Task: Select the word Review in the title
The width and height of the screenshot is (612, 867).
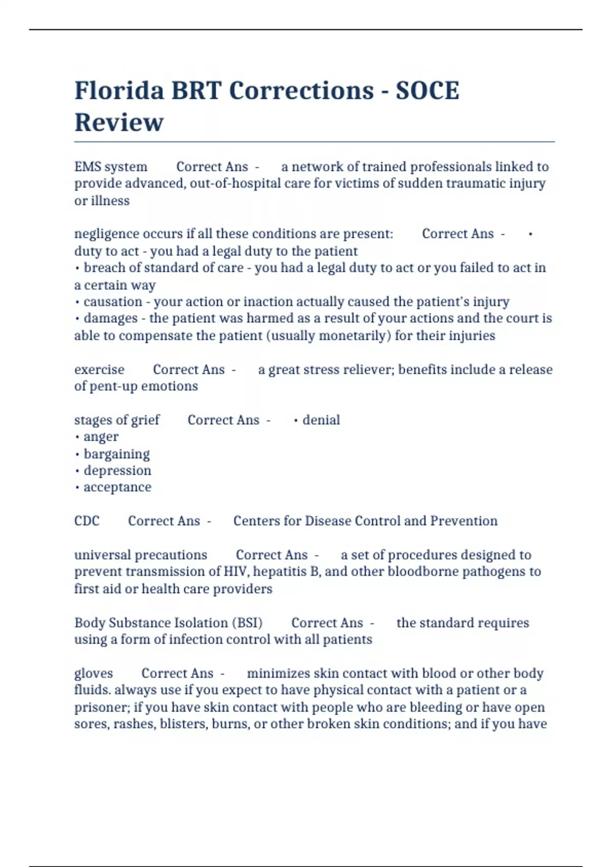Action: point(119,122)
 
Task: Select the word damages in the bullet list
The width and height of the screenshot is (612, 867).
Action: point(110,318)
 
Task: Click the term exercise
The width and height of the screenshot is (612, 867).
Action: point(99,369)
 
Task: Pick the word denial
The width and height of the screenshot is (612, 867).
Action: point(321,420)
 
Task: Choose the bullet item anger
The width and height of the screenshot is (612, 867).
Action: point(101,437)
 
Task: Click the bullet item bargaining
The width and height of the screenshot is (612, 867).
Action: point(116,454)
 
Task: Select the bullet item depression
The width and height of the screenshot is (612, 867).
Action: point(117,470)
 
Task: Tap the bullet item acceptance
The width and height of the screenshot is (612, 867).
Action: point(117,487)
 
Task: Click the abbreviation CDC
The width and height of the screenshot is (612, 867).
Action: point(87,521)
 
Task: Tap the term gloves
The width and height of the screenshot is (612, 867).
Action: point(93,673)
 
